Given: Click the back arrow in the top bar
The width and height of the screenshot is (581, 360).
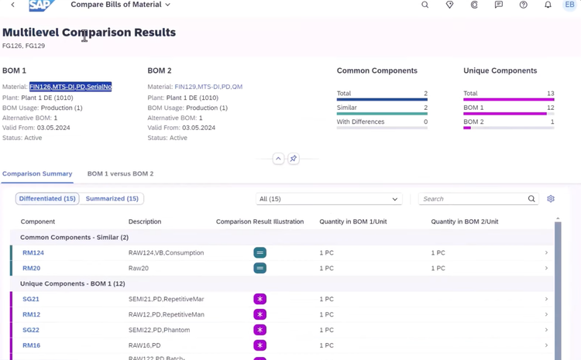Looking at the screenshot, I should point(12,5).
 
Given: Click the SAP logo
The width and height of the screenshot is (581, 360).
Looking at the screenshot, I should point(41,5).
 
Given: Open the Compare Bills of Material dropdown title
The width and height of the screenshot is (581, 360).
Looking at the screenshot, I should point(120,5).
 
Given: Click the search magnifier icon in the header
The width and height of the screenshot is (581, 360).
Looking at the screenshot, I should point(425,5).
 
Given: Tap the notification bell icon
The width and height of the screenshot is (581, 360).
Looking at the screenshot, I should point(548,5).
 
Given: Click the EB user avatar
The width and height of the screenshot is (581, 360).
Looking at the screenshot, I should point(569,5).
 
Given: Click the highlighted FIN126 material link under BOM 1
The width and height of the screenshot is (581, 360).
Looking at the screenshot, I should point(70,87).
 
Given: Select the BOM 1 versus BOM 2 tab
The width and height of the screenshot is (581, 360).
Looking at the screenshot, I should point(120,173).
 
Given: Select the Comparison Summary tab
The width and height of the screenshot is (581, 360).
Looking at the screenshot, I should point(37,173).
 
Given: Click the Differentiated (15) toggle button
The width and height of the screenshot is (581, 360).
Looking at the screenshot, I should point(47,199).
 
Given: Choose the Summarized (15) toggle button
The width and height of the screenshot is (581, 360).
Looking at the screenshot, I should point(112,199).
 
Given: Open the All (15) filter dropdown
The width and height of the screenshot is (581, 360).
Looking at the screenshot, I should point(329,199).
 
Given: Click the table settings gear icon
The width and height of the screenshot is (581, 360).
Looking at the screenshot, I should point(551,199).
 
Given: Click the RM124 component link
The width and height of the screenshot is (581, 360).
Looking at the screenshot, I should point(33,252).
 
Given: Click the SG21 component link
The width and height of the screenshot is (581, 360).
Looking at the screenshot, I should point(31,299).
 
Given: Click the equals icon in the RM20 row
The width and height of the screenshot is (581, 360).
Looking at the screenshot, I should point(260,268).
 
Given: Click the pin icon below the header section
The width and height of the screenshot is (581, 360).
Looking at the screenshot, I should point(293,159).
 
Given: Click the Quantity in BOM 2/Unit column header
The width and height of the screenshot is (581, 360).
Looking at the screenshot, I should point(464,221).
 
